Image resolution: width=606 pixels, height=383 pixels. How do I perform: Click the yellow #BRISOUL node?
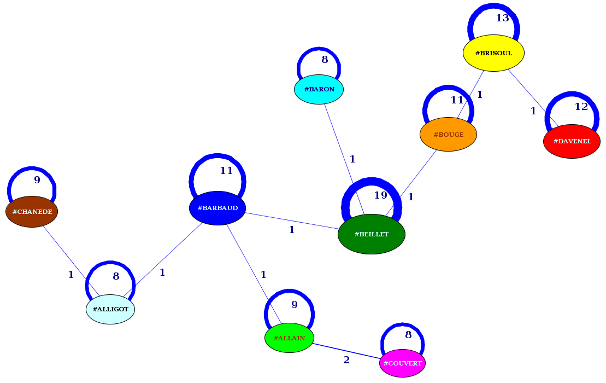493,53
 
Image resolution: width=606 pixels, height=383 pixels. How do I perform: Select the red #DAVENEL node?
572,141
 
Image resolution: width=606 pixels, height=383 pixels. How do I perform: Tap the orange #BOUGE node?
448,135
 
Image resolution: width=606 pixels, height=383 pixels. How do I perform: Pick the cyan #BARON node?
319,89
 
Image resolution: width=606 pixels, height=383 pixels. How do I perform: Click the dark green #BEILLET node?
372,234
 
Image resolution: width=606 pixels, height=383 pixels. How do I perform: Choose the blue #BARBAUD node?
217,208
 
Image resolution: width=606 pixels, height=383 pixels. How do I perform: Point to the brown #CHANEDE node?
32,212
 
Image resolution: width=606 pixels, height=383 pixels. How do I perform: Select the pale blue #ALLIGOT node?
110,309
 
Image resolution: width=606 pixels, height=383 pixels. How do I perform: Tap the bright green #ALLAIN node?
289,338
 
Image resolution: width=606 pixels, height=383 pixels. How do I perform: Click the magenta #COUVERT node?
402,363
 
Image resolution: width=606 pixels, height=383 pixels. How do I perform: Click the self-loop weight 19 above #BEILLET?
380,195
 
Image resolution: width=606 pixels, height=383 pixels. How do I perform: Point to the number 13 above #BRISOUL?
502,18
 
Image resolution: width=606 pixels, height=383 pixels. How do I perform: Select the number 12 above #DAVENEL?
581,107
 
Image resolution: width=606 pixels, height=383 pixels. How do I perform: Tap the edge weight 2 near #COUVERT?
346,360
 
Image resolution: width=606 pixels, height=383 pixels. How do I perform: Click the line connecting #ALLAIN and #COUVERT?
346,351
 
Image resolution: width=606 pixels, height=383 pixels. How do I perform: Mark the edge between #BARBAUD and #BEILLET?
292,221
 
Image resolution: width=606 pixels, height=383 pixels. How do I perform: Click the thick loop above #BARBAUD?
217,157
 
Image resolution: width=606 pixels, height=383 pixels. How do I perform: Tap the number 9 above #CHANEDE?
37,179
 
